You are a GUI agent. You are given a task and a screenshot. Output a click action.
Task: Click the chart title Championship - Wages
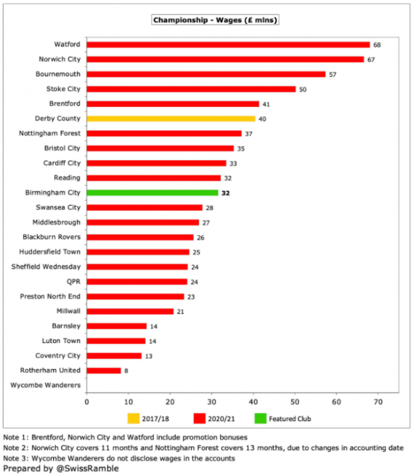coord(215,20)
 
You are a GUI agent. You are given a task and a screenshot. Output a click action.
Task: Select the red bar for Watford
coord(228,45)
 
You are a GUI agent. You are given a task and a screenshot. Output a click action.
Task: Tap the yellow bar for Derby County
coord(171,118)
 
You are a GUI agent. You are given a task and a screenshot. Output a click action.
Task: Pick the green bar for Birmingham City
coord(152,193)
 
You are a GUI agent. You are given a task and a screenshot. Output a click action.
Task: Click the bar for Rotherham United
coord(104,370)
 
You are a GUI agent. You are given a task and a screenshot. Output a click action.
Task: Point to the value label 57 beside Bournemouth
coord(333,75)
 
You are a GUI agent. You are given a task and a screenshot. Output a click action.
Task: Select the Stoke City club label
coord(64,89)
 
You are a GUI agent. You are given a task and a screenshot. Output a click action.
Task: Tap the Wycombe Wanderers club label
coord(46,385)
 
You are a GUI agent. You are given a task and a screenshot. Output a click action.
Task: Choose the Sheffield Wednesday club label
coord(46,267)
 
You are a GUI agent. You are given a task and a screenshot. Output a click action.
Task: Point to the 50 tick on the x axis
coord(295,401)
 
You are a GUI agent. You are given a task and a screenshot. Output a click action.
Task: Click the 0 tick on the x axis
coord(87,401)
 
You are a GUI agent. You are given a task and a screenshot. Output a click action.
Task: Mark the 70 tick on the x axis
coord(378,401)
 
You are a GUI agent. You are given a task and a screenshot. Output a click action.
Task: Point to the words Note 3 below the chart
coord(17,458)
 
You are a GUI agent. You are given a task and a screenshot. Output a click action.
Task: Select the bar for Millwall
coord(130,311)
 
